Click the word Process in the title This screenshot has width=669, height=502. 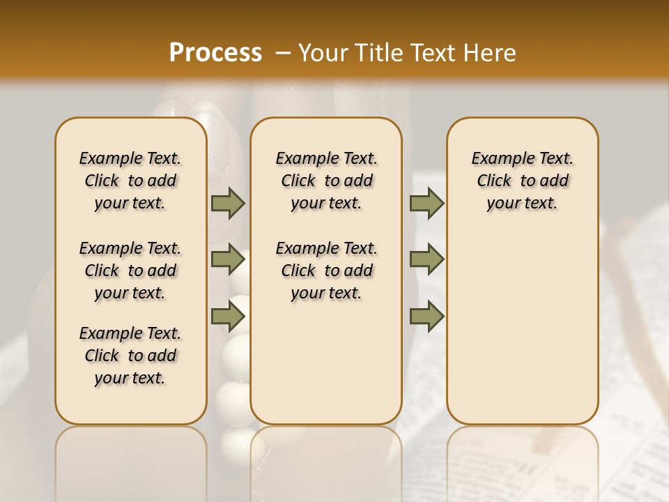tap(215, 53)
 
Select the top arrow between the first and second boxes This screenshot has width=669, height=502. tap(228, 204)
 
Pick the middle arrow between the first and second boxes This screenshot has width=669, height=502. tap(228, 259)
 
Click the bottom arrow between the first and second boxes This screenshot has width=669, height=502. tap(228, 316)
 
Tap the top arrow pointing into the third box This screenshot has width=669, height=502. tap(426, 204)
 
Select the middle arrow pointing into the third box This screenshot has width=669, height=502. tap(426, 259)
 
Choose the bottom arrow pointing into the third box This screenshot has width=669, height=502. tap(426, 316)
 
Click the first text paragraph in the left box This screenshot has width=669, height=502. tap(130, 181)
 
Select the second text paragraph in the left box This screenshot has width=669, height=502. tap(130, 271)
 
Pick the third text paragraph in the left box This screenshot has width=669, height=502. tap(130, 356)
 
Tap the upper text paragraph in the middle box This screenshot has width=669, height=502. tap(326, 181)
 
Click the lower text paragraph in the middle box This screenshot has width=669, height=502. tap(326, 271)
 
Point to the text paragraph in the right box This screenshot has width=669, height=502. tap(523, 181)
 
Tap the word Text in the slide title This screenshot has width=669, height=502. tap(434, 53)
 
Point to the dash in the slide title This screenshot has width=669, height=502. tap(282, 53)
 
